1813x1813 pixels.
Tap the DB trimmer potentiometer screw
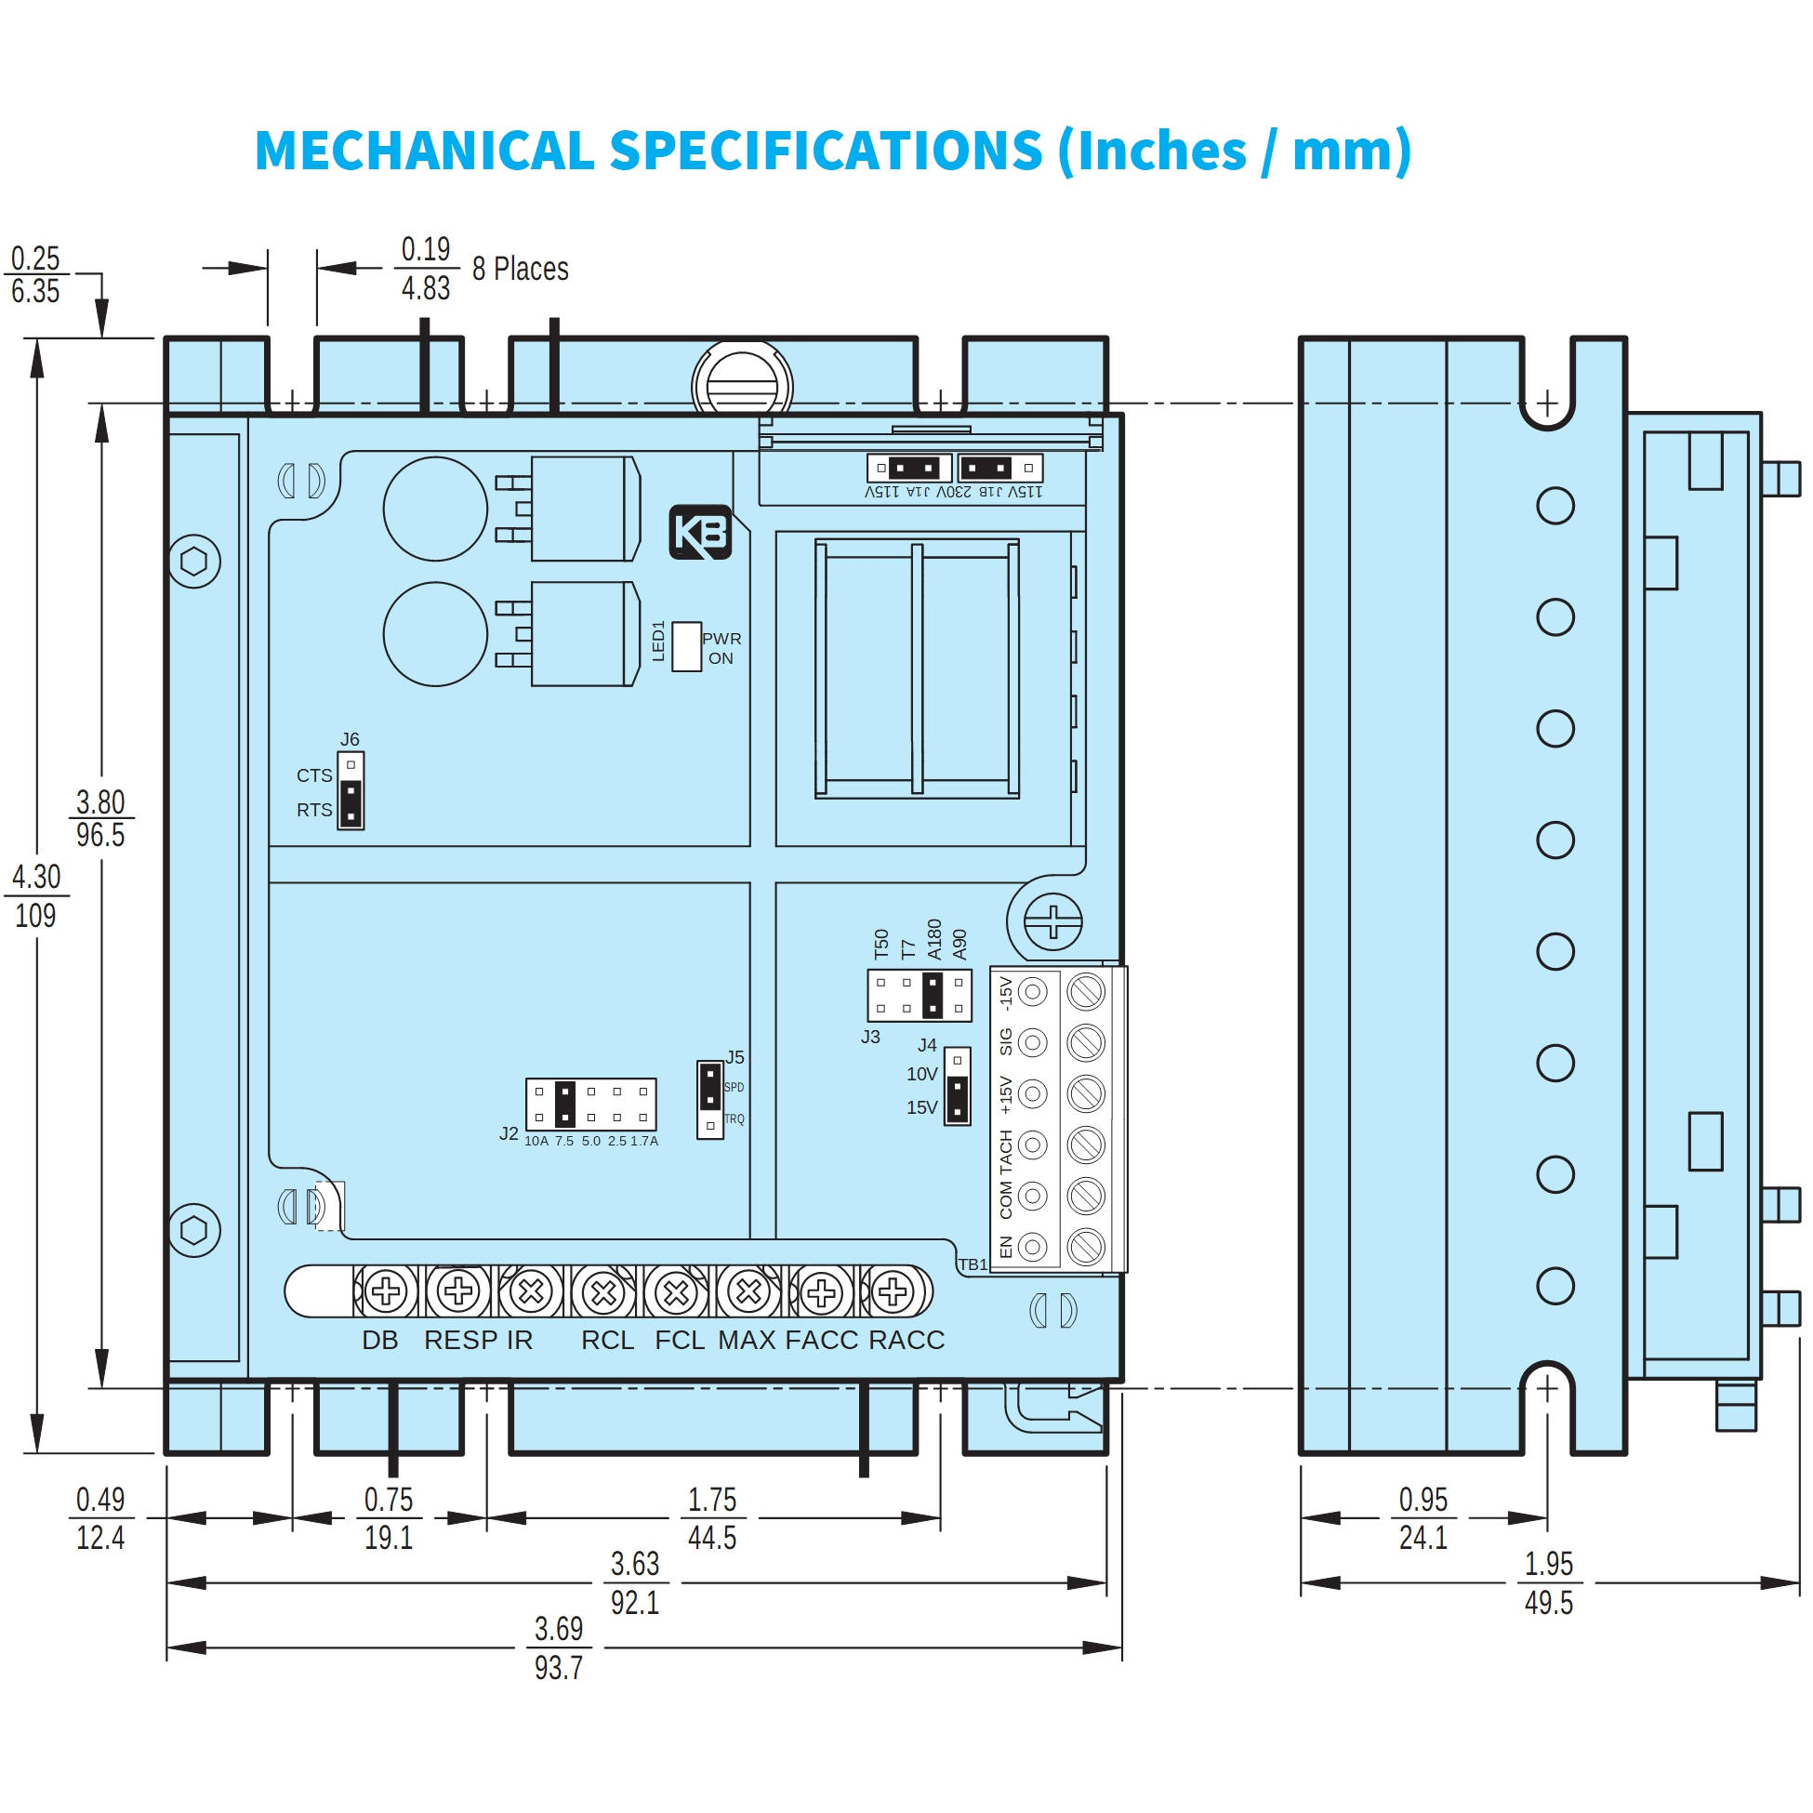point(386,1292)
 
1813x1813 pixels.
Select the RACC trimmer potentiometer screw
point(893,1292)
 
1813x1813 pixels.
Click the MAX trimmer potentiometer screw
point(748,1292)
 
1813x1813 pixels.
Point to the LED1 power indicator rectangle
point(686,646)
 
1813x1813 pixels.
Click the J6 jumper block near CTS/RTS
point(350,790)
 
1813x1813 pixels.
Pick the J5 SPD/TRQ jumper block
point(710,1099)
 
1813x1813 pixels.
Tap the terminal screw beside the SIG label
point(1086,1042)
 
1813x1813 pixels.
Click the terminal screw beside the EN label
point(1086,1246)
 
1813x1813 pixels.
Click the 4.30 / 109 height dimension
point(35,896)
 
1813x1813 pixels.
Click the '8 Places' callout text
point(520,270)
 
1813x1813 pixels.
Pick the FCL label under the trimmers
point(680,1340)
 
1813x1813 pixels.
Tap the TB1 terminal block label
point(973,1265)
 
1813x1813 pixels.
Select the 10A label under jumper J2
point(536,1141)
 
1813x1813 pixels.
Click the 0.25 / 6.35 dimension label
point(35,274)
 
